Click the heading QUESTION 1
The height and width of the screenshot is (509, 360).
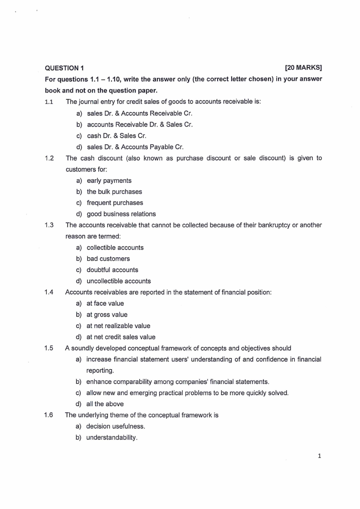pos(64,69)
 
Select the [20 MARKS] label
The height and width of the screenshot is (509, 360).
pos(303,68)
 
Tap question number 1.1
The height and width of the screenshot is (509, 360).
pos(49,102)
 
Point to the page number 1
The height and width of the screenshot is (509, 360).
pos(320,456)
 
